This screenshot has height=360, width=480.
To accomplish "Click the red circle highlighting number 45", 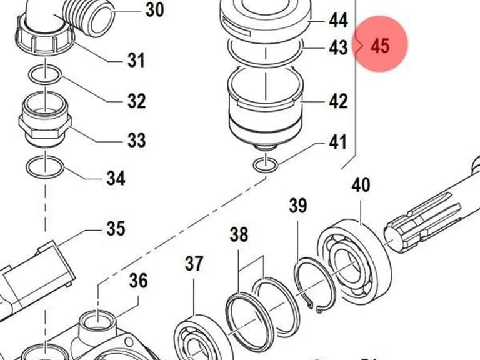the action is pyautogui.click(x=380, y=44).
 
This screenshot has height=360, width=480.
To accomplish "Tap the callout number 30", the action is pyautogui.click(x=154, y=9).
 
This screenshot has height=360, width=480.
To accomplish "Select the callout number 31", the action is pyautogui.click(x=136, y=60).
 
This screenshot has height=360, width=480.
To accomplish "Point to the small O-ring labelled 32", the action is pyautogui.click(x=45, y=75).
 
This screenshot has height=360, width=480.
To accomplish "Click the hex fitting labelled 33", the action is pyautogui.click(x=45, y=120).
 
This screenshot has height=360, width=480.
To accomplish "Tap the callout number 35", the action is pyautogui.click(x=116, y=228).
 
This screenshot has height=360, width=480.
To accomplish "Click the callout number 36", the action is pyautogui.click(x=138, y=281).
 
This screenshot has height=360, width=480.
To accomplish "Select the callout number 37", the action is pyautogui.click(x=194, y=263).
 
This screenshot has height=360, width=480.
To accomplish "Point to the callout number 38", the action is pyautogui.click(x=239, y=234).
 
